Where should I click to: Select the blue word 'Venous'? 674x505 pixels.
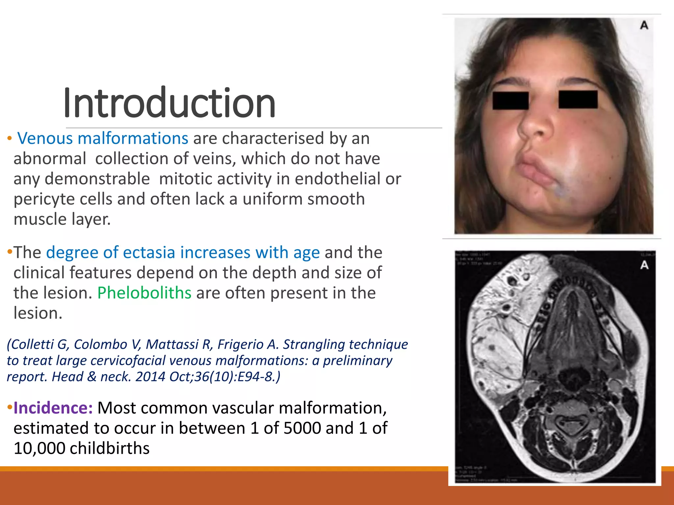click(x=45, y=138)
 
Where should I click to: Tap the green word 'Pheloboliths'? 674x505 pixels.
click(x=144, y=293)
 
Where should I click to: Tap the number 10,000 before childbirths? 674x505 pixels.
click(x=39, y=448)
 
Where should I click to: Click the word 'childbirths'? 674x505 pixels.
click(x=110, y=448)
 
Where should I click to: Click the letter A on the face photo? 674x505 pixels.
click(x=644, y=25)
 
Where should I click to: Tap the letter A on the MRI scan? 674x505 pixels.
click(x=644, y=265)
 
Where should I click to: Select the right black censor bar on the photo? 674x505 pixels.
click(x=578, y=100)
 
